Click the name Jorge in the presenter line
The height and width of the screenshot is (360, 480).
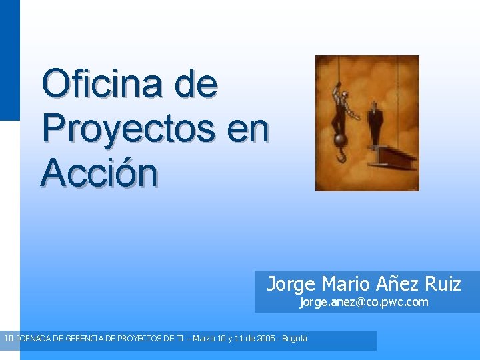coord(291,285)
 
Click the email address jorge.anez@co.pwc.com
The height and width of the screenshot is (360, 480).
coord(363,303)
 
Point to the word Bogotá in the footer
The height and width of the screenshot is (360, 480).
coord(295,339)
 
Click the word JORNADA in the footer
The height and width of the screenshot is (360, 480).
coord(35,339)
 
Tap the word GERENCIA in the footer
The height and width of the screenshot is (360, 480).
coord(85,339)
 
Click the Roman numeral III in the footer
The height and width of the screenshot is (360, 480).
coord(9,339)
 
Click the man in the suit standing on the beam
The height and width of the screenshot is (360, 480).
coord(375,122)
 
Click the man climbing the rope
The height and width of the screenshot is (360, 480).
coord(341,107)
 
